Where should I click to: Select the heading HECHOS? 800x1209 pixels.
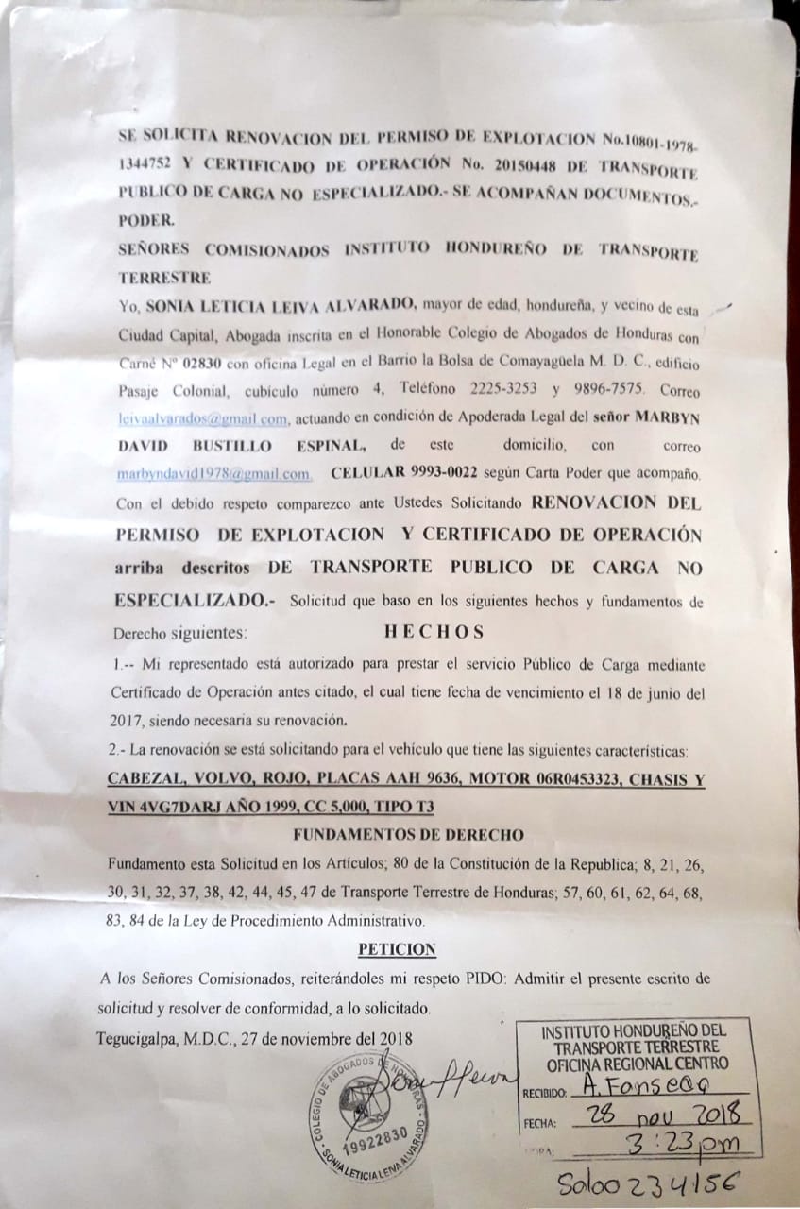click(x=434, y=631)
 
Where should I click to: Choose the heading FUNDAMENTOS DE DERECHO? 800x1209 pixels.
click(x=408, y=835)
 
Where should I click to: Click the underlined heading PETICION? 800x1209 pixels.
click(x=397, y=949)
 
